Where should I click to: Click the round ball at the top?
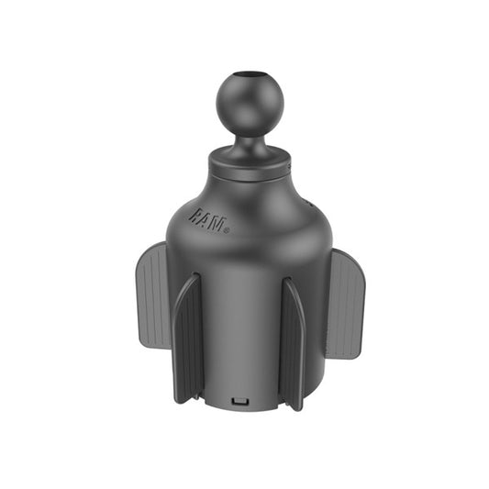click(x=250, y=105)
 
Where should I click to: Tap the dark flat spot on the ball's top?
click(x=250, y=75)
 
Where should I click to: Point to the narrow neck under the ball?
click(x=250, y=145)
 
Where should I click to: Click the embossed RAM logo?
click(x=208, y=221)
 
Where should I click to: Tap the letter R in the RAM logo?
click(x=194, y=215)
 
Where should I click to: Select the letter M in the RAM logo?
click(x=217, y=225)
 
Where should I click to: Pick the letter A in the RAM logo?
click(x=206, y=219)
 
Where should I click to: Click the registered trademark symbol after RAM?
click(x=227, y=231)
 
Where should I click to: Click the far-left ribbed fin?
click(x=153, y=295)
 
